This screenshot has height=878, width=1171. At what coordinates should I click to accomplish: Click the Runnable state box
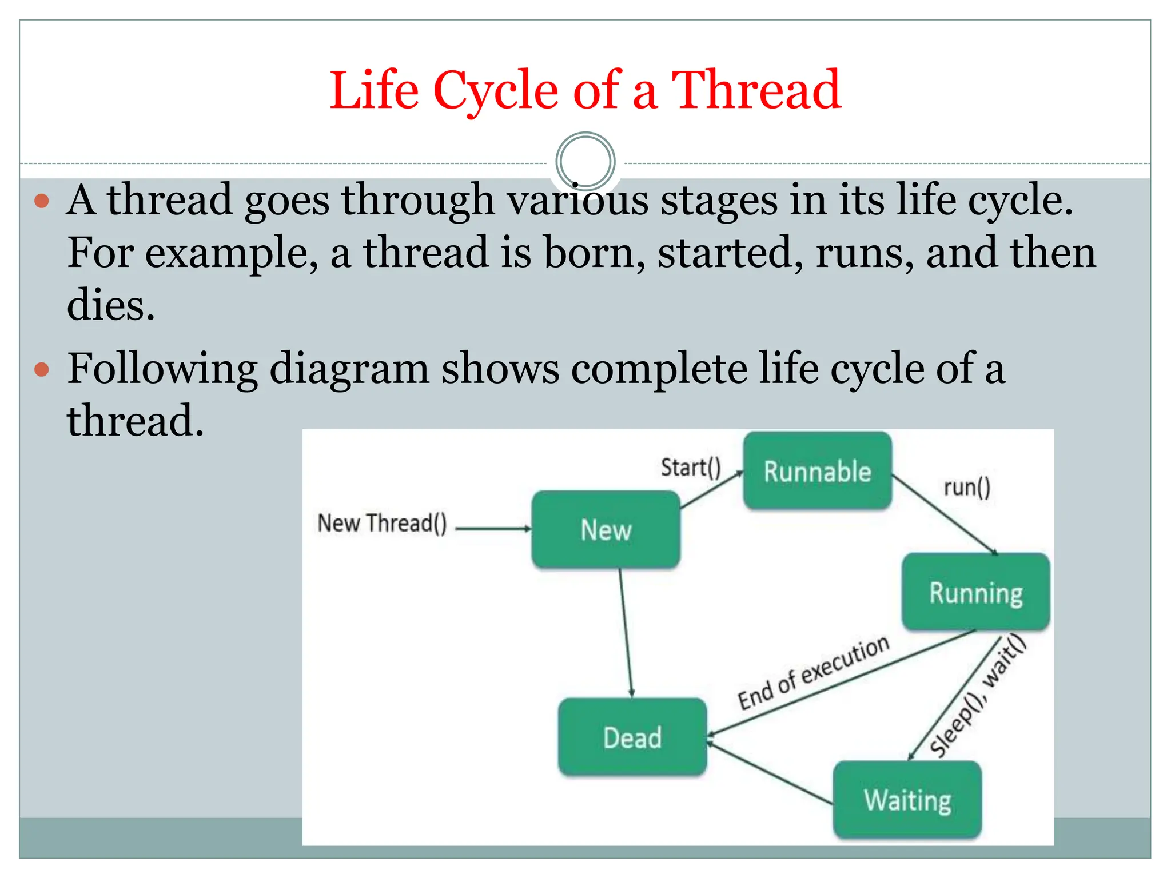[x=817, y=470]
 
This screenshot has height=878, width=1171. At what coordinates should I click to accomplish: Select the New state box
[x=606, y=529]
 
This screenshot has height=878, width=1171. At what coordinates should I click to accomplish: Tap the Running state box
[x=975, y=592]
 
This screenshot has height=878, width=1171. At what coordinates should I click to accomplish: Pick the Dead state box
[x=632, y=737]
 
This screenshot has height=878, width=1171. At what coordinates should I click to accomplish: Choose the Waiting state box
[x=907, y=799]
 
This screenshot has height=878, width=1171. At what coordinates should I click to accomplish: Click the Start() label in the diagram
[x=691, y=467]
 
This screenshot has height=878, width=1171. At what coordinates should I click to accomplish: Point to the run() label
[x=967, y=487]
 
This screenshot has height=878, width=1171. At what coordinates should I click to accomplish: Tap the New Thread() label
[x=382, y=523]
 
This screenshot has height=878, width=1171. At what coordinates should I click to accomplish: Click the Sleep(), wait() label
[x=977, y=696]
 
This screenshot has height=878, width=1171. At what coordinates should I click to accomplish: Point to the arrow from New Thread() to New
[x=493, y=529]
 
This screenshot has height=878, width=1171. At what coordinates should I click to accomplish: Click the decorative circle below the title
[x=585, y=161]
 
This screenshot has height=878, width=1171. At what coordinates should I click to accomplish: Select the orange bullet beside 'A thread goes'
[x=42, y=201]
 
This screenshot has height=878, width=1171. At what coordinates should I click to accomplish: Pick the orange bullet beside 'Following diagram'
[x=42, y=369]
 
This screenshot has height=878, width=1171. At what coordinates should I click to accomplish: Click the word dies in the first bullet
[x=111, y=305]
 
